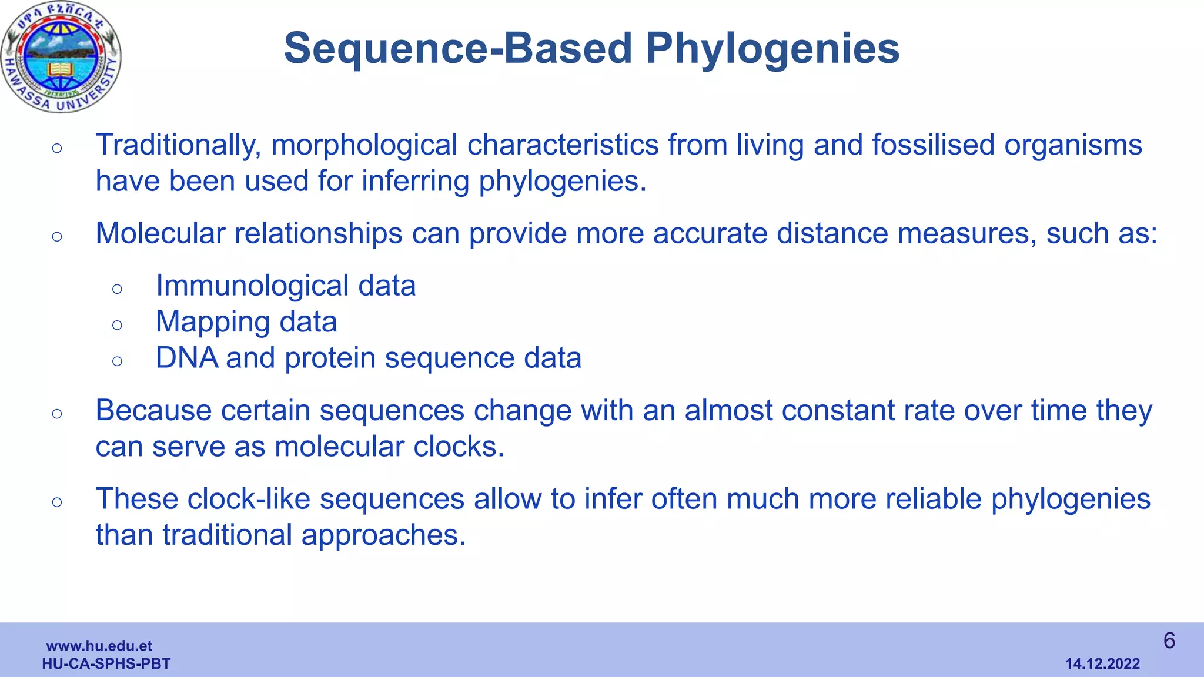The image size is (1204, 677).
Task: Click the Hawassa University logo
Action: coord(61,57)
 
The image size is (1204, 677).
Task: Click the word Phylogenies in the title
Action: coord(772,48)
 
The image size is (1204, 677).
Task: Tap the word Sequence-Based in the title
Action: coord(458,48)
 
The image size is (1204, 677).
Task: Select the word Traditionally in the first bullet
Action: coord(178,145)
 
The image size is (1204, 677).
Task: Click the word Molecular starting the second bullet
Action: coord(160,233)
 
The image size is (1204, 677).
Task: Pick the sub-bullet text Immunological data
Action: coord(286,286)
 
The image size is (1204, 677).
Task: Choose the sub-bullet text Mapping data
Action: coord(246,322)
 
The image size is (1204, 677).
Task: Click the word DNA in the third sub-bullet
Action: coord(186,358)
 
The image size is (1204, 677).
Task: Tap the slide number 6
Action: coord(1169,641)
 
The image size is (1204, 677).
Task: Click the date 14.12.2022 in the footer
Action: coord(1102,664)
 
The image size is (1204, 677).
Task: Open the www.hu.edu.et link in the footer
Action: coord(99,646)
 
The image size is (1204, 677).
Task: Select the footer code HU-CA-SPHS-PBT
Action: coord(106,664)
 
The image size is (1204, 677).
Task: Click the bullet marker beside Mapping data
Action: coord(117,324)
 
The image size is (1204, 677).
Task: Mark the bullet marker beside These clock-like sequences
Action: coord(57,501)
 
